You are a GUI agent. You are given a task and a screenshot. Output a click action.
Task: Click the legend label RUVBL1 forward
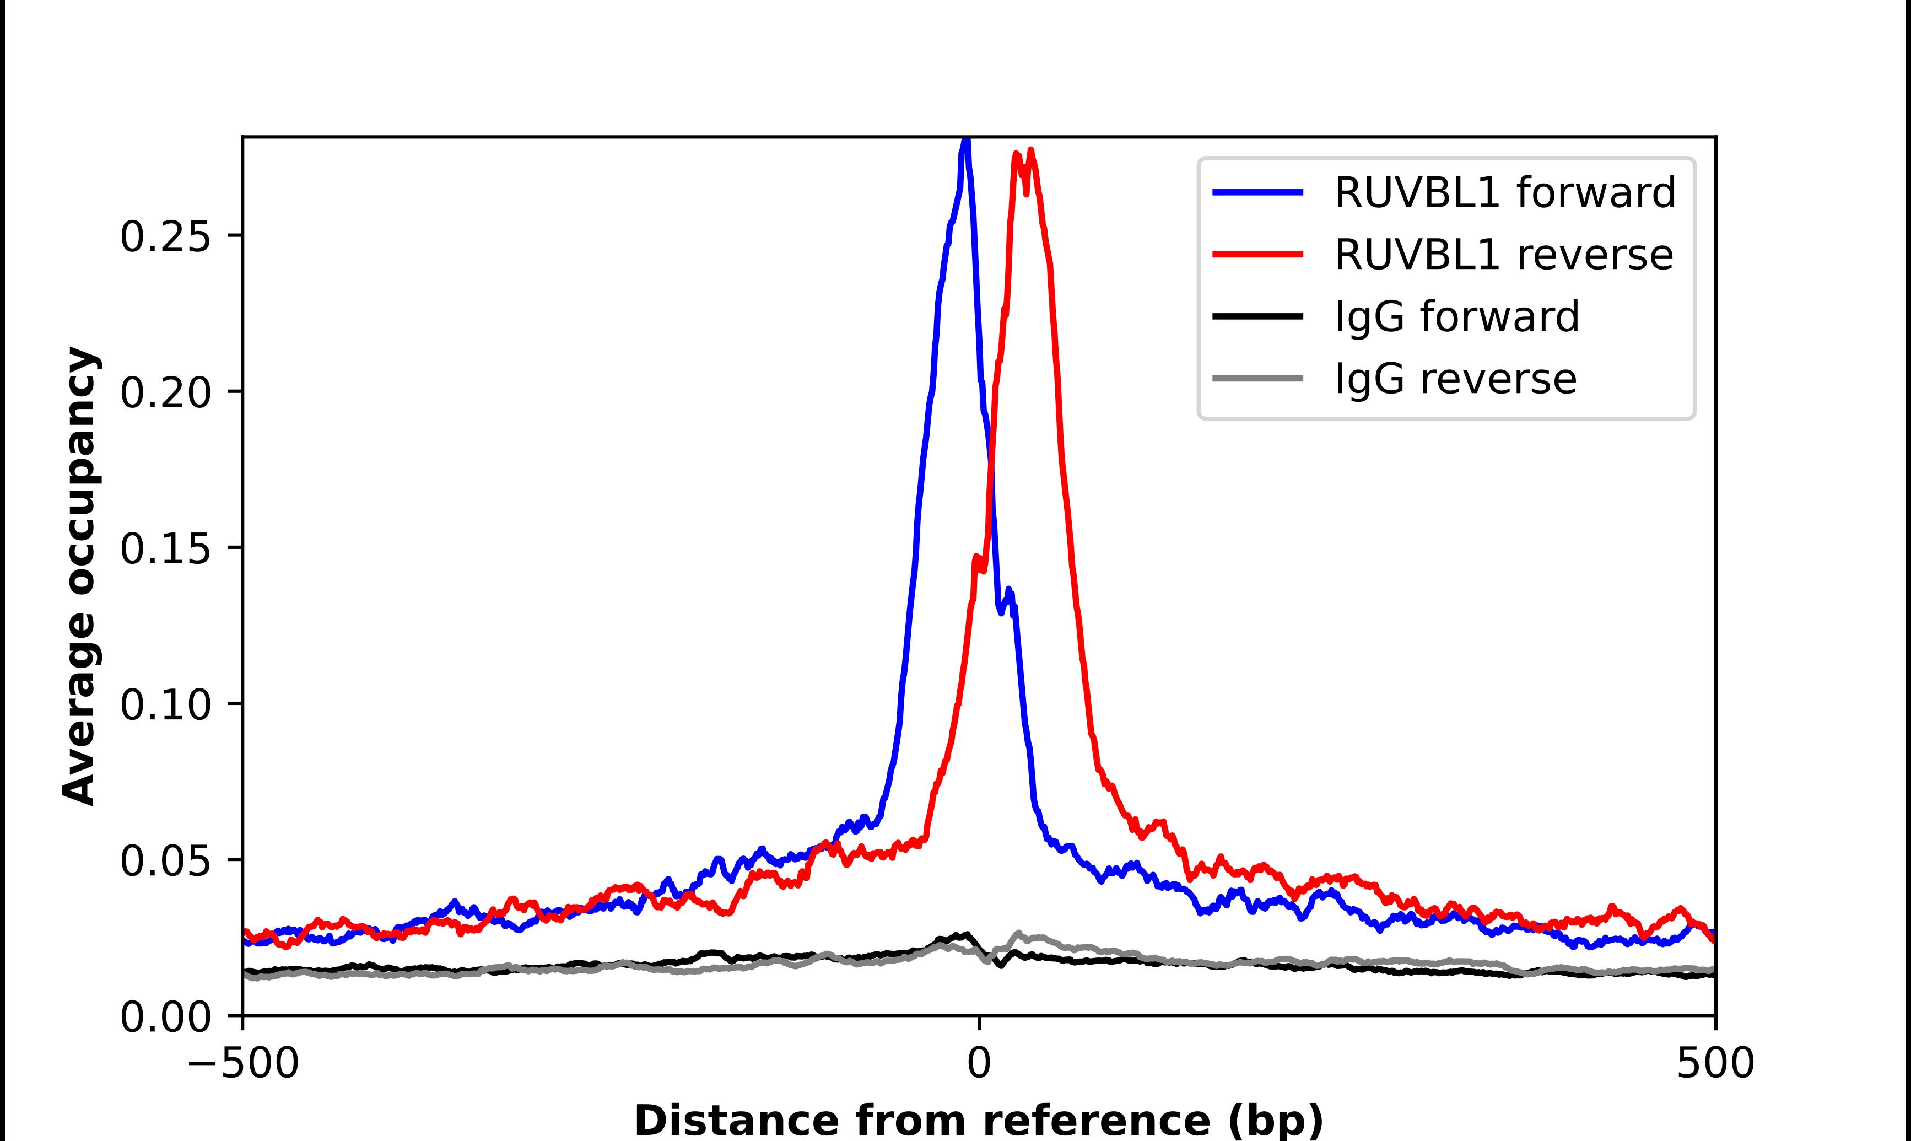tap(1504, 192)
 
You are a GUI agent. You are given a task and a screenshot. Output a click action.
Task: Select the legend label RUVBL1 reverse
tap(1503, 255)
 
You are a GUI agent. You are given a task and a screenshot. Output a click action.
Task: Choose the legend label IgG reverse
tap(1455, 379)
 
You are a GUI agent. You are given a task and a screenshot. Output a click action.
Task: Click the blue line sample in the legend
tap(1258, 192)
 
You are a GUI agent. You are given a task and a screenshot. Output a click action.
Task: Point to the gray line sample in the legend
tap(1258, 378)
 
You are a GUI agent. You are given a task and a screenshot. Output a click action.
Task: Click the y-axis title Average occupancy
tap(80, 576)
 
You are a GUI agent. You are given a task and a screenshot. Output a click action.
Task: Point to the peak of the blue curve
tap(967, 141)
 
